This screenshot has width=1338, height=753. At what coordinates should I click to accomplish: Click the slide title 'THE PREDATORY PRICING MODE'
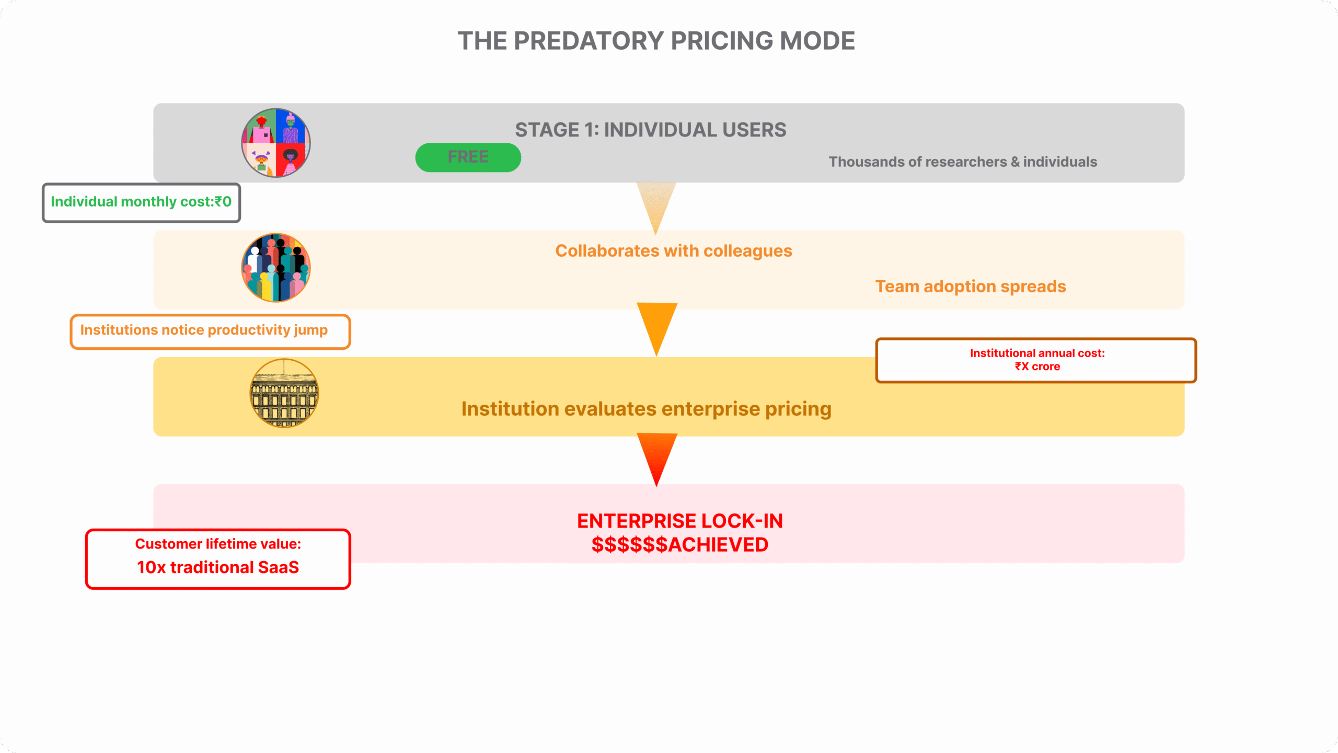tap(656, 41)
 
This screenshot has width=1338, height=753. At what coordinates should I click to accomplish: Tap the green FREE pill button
tap(468, 157)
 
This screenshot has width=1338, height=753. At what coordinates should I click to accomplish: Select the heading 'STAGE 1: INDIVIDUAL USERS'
tap(650, 130)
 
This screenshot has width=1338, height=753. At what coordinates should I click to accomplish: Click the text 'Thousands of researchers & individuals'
tap(963, 162)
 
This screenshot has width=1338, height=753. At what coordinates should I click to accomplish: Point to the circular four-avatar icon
tap(275, 143)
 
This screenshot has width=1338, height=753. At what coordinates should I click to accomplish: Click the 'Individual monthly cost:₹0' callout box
tap(141, 202)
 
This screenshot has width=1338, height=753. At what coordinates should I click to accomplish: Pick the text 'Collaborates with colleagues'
tap(673, 251)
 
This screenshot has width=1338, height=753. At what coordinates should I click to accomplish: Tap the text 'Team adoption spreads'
tap(970, 287)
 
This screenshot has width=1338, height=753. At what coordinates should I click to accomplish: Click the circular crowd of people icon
tap(275, 268)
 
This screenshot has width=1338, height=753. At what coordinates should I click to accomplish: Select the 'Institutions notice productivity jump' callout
tap(210, 331)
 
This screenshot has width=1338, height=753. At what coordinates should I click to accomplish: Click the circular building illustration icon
tap(284, 393)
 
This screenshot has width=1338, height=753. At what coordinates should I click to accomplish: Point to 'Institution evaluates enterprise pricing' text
tap(646, 409)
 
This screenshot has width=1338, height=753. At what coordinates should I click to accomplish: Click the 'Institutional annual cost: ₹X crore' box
tap(1036, 360)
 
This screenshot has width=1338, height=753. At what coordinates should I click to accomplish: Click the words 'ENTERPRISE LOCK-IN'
tap(679, 521)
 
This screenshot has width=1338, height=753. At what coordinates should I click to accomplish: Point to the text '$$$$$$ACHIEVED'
tap(679, 545)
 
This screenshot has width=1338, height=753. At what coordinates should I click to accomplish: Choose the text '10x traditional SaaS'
tap(217, 567)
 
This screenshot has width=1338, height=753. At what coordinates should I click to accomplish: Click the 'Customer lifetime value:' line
tap(217, 544)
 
